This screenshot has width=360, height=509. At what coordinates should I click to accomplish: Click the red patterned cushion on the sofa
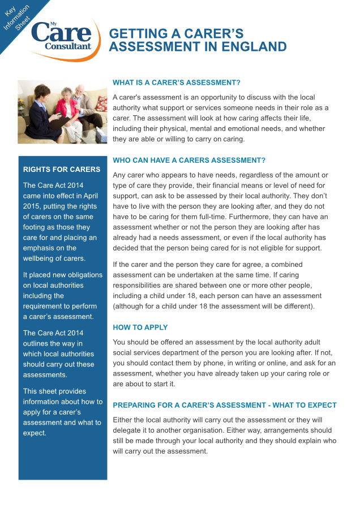[101, 103]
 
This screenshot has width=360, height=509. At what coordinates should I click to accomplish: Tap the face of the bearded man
[81, 92]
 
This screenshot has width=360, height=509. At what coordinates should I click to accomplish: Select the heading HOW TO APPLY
[140, 327]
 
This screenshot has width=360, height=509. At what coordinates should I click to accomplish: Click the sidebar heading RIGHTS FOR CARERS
[62, 169]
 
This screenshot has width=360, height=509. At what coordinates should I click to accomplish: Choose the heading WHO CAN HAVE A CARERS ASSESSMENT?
[189, 160]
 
